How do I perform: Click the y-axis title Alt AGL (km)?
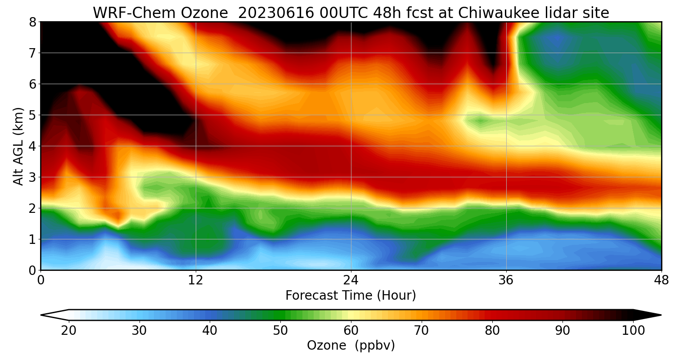[x=18, y=146]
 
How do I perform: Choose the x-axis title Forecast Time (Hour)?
[x=351, y=296]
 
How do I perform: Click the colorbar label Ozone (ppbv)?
[x=351, y=346]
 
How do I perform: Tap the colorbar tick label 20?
[x=68, y=331]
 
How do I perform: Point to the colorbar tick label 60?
[x=351, y=331]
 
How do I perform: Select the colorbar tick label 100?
[x=633, y=331]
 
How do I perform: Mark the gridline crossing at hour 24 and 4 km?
[x=351, y=146]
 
